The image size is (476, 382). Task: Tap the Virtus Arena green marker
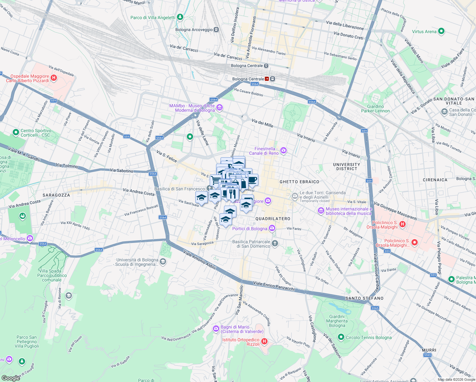coord(441,31)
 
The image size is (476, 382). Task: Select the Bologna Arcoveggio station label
coord(194,30)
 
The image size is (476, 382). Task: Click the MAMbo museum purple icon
coord(219,108)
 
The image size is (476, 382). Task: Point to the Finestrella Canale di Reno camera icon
coord(283,150)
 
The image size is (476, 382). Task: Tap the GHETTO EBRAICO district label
coord(299,182)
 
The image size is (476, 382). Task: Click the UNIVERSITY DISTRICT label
coord(346,166)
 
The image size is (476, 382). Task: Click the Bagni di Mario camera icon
coord(216,328)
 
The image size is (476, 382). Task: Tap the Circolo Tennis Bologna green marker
coord(341,337)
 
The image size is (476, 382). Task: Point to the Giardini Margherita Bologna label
coord(337,321)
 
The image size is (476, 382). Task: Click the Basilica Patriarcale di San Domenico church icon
coord(275,244)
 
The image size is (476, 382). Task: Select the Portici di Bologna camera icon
coord(272,228)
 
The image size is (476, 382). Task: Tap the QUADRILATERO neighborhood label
coord(273,219)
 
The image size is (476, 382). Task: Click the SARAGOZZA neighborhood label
coord(56,195)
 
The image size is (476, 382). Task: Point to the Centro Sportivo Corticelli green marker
coord(16,132)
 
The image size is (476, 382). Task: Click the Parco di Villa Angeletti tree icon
coord(180,17)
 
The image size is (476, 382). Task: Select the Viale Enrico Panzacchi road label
coord(274,286)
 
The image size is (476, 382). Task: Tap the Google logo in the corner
coord(10,378)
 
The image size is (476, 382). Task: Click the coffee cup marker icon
coord(252,180)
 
